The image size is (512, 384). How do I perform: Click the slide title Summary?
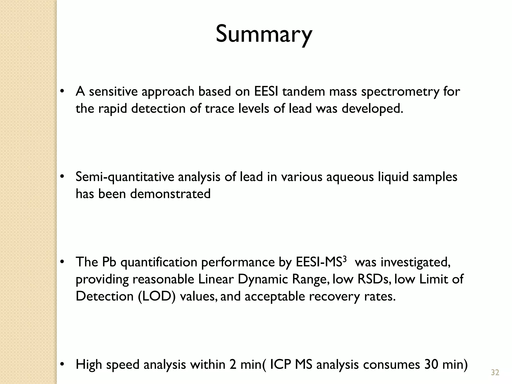(264, 34)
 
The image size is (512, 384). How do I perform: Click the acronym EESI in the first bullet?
(266, 91)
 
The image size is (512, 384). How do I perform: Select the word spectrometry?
(400, 92)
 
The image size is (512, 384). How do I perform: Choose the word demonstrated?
(170, 194)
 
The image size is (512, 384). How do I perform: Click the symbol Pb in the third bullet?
(109, 262)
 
